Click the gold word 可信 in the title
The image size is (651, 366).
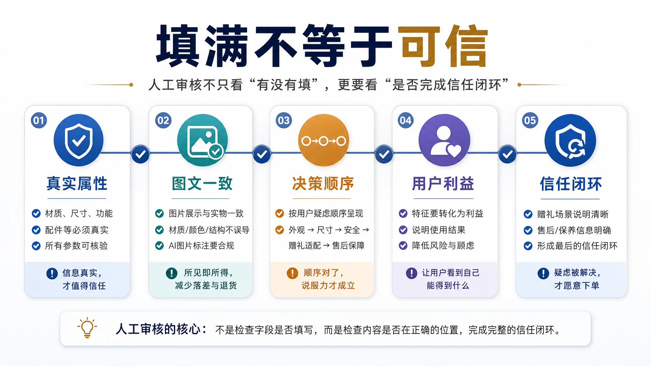coord(443,46)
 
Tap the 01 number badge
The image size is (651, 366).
coord(39,120)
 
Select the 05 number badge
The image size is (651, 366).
coord(530,120)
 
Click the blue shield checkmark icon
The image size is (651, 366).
coord(79,140)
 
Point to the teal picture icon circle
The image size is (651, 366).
coord(202,140)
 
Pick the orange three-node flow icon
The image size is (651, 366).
coord(323,140)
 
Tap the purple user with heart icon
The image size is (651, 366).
coord(444,140)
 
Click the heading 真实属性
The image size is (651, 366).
coord(77,184)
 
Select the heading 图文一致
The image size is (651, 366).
coord(202,184)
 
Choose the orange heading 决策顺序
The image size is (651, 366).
coord(323,184)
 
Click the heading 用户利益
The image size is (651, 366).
coord(443,184)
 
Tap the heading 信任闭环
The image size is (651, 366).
coord(571,184)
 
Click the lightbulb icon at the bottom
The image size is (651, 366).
coord(87,328)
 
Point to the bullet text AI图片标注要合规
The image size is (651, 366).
coord(202,246)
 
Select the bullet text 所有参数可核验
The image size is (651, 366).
coord(76,246)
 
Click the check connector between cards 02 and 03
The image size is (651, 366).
coord(262,154)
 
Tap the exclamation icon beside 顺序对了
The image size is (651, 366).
coord(292,273)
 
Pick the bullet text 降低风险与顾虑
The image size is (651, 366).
coord(443,246)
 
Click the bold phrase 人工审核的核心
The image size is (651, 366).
coord(158,329)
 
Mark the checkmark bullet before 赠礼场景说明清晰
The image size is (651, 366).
coord(528,214)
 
